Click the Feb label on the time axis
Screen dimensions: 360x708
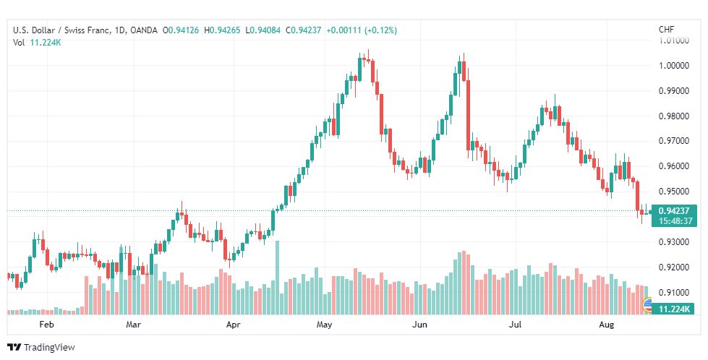[x=47, y=325]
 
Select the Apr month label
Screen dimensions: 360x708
[x=233, y=325]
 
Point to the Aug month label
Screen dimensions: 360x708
[x=607, y=325]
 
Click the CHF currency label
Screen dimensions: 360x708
[x=666, y=30]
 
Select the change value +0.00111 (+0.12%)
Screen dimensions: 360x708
[x=361, y=30]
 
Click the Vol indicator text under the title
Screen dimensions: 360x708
[x=20, y=43]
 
